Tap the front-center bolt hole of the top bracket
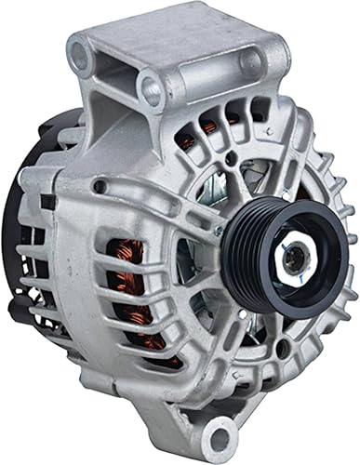tap(152, 89)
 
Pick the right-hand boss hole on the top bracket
tap(248, 61)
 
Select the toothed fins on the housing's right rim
tap(321, 214)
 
